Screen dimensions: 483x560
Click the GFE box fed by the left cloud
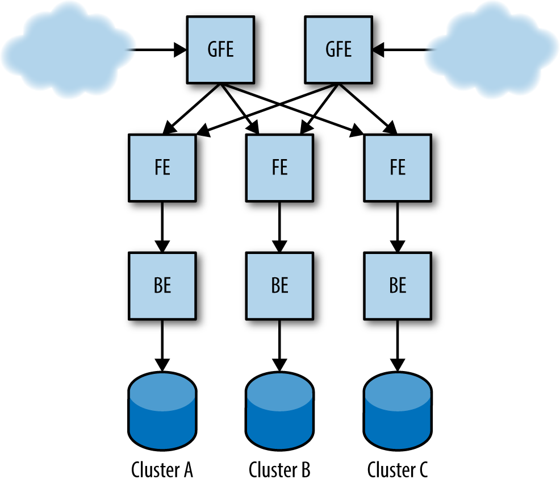(220, 49)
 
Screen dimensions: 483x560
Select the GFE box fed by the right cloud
(338, 49)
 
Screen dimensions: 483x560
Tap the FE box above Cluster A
(162, 168)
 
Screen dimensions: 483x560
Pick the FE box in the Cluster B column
(279, 168)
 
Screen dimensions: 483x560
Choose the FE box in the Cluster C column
(398, 168)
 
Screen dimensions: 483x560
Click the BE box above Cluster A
(162, 286)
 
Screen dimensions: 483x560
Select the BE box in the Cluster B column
(279, 286)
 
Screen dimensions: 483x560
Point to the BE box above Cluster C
(398, 286)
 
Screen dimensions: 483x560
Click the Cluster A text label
(162, 470)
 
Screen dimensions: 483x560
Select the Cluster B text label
(279, 470)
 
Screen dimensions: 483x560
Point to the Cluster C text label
(398, 470)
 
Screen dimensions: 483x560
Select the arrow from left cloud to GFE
(156, 50)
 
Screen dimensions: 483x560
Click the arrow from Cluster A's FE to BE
(162, 227)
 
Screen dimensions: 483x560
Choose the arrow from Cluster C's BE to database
(398, 345)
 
